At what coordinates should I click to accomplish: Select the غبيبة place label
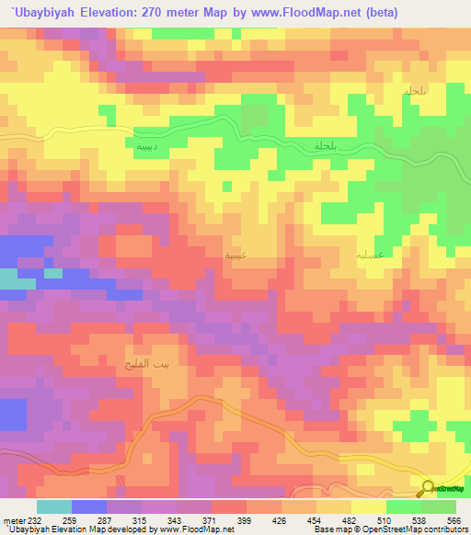pos(235,250)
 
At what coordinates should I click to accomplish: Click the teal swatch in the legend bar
pos(54,507)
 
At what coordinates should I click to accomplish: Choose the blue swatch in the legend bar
pos(89,507)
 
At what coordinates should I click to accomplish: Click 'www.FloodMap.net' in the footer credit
pos(191,529)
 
